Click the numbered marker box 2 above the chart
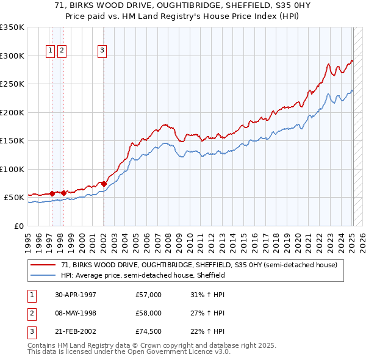click(x=62, y=51)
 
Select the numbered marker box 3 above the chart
click(x=102, y=51)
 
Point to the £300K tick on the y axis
click(x=12, y=56)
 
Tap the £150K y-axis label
click(x=12, y=141)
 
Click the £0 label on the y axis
click(x=18, y=226)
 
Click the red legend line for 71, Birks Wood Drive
click(x=44, y=265)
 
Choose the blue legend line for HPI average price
click(x=44, y=276)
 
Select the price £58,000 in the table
click(x=149, y=313)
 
